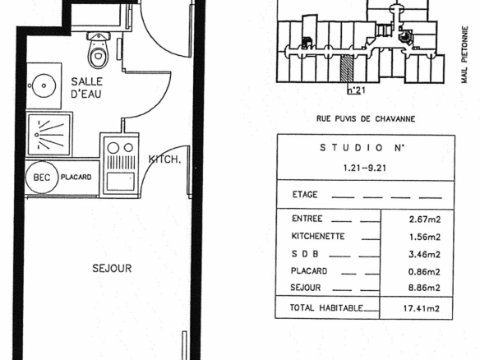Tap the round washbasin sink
click(44, 85)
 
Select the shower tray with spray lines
click(49, 135)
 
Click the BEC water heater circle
click(41, 178)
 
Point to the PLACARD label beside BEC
click(76, 177)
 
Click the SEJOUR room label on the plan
click(112, 268)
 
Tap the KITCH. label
click(164, 159)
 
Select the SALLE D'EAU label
click(86, 88)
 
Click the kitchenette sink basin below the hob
click(120, 182)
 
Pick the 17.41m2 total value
click(421, 308)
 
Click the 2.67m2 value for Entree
click(425, 219)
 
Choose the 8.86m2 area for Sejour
click(424, 288)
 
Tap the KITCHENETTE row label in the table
click(318, 237)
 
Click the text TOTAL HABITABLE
click(326, 307)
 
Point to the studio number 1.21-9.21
click(365, 168)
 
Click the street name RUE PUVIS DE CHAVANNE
click(366, 119)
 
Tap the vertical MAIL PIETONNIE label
click(464, 55)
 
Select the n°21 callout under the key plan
click(357, 90)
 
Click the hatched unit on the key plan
click(347, 69)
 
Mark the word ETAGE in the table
click(305, 195)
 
